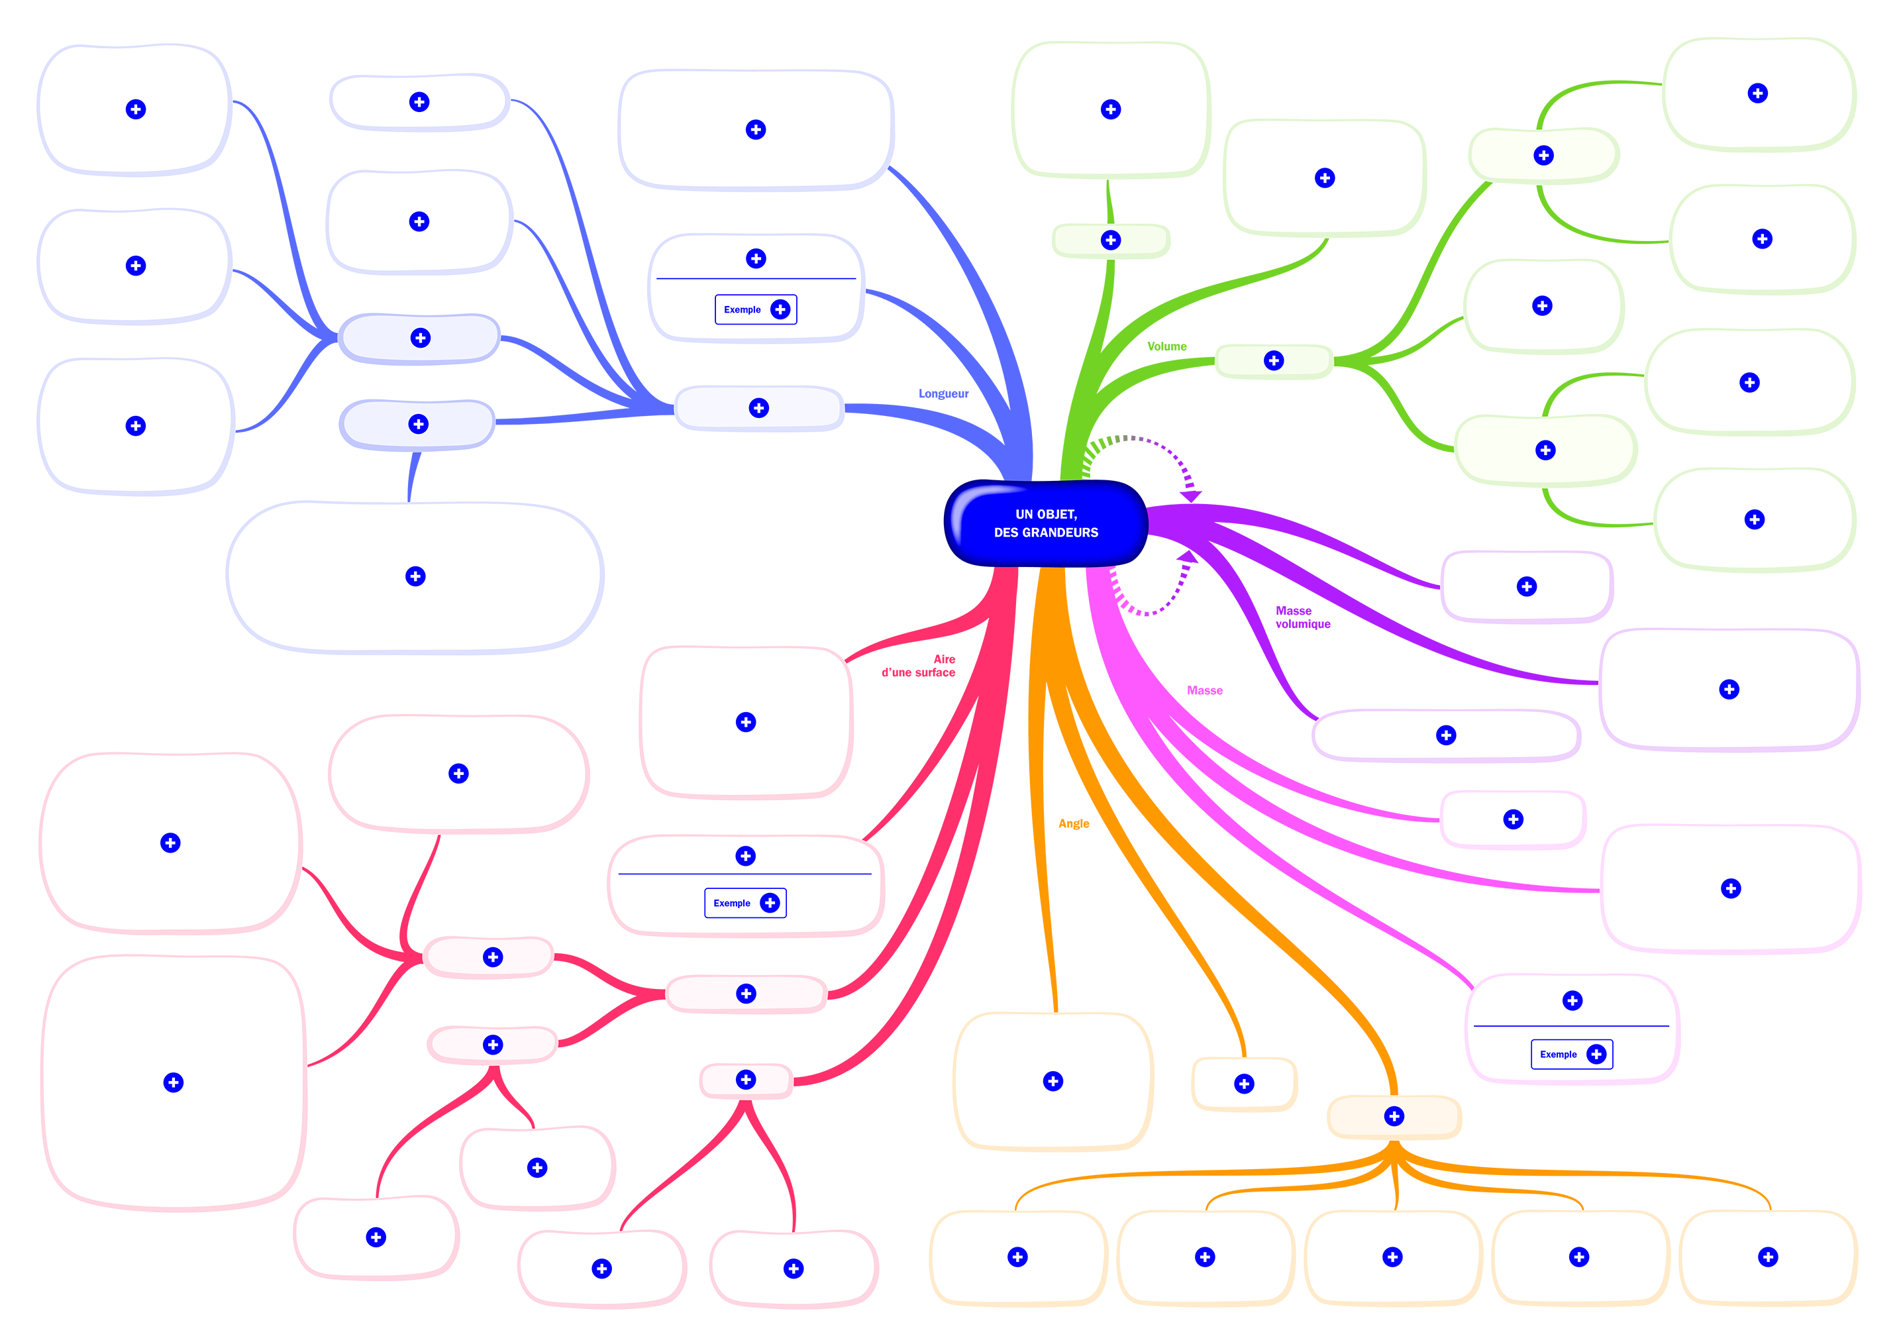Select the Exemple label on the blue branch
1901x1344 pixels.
point(742,310)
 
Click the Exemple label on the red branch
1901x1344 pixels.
point(731,904)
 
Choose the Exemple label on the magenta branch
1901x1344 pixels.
point(1557,1055)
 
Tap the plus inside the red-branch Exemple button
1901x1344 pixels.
point(770,904)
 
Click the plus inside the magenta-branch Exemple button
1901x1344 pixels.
point(1596,1055)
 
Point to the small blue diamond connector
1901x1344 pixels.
point(411,476)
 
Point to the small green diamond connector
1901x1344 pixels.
point(1109,201)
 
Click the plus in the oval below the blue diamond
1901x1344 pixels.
point(416,576)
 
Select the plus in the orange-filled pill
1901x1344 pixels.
point(1394,1116)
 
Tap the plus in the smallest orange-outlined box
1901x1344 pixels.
point(1244,1084)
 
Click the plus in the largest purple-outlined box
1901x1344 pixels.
point(1729,690)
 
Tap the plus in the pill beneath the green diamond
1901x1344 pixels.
point(1111,240)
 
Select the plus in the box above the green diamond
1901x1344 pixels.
point(1111,109)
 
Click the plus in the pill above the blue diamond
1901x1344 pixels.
point(418,424)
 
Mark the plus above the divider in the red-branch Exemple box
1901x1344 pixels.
point(745,856)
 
